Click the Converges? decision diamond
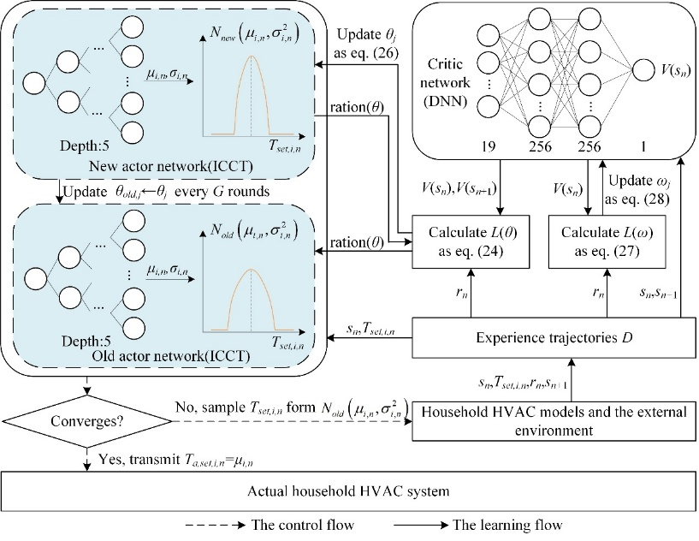pyautogui.click(x=86, y=422)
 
